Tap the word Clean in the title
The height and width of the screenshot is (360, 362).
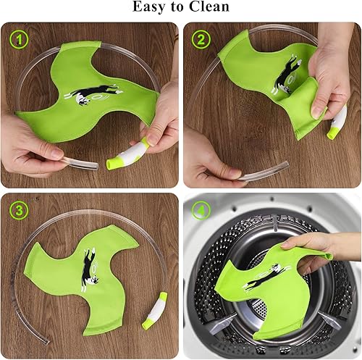tap(210, 8)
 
